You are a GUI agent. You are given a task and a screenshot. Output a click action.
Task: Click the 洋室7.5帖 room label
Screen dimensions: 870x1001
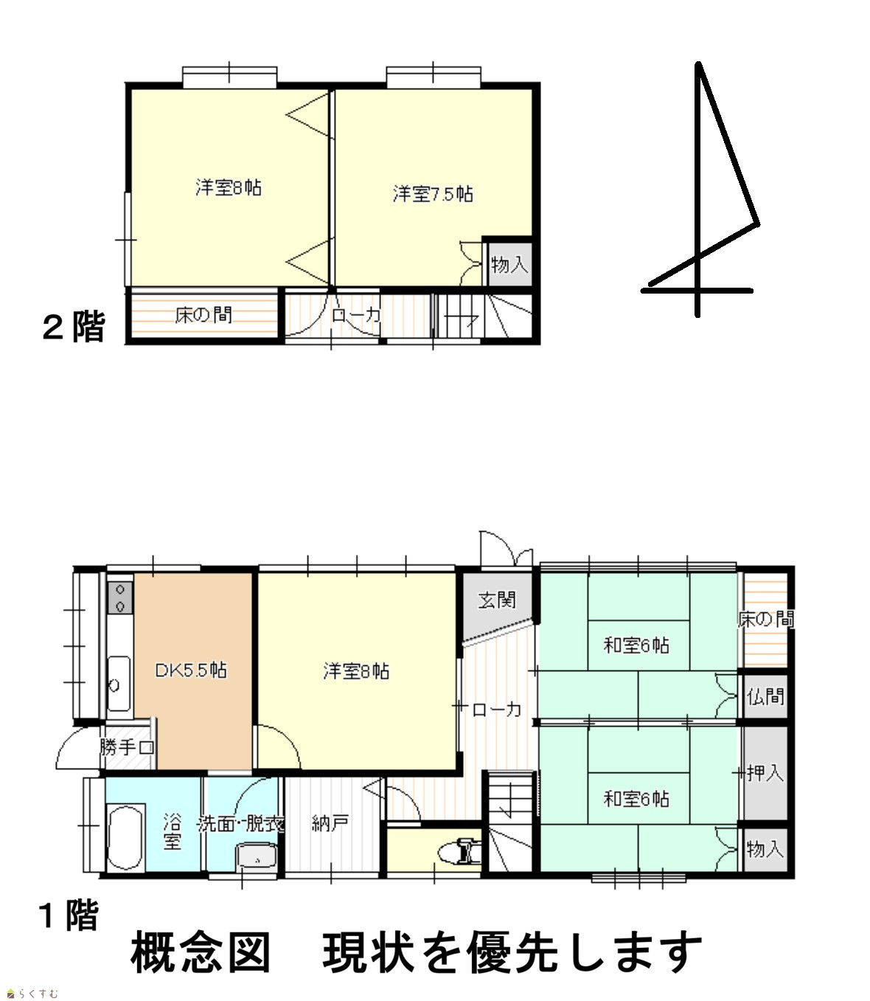(433, 194)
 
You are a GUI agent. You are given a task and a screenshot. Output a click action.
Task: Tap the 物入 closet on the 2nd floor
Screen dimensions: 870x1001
(509, 265)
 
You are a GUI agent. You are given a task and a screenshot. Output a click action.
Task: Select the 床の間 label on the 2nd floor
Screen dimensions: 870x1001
(203, 315)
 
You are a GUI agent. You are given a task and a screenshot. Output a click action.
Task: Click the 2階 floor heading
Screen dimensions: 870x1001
(74, 327)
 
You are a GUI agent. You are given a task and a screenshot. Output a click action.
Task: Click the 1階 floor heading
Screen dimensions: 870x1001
(69, 915)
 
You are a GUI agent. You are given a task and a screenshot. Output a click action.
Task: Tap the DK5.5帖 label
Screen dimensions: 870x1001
(191, 670)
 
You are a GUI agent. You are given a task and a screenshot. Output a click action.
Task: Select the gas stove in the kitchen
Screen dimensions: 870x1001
(120, 598)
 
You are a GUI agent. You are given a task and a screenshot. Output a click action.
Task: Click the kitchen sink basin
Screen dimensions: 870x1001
(119, 684)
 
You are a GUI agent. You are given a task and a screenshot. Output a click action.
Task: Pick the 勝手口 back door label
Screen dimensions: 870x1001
(127, 747)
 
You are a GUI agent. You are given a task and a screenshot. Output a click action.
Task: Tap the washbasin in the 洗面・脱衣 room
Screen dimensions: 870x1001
(257, 857)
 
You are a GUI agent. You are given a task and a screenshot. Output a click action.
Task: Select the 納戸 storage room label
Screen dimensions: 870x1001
(330, 823)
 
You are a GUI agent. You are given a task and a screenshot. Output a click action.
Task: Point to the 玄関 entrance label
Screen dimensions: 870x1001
(497, 600)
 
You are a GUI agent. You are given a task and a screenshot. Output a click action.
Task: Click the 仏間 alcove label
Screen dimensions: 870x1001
(765, 696)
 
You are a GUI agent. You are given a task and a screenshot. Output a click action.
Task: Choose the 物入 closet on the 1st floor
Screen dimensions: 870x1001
(765, 849)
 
